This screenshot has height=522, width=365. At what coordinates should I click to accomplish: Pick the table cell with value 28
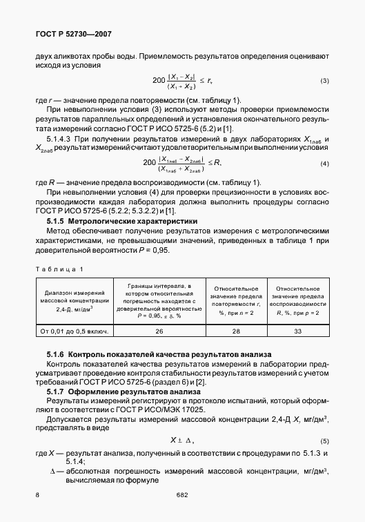coord(236,331)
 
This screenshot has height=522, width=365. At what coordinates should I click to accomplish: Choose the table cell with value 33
coord(297,331)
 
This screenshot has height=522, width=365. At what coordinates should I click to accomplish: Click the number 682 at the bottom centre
coord(182,495)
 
